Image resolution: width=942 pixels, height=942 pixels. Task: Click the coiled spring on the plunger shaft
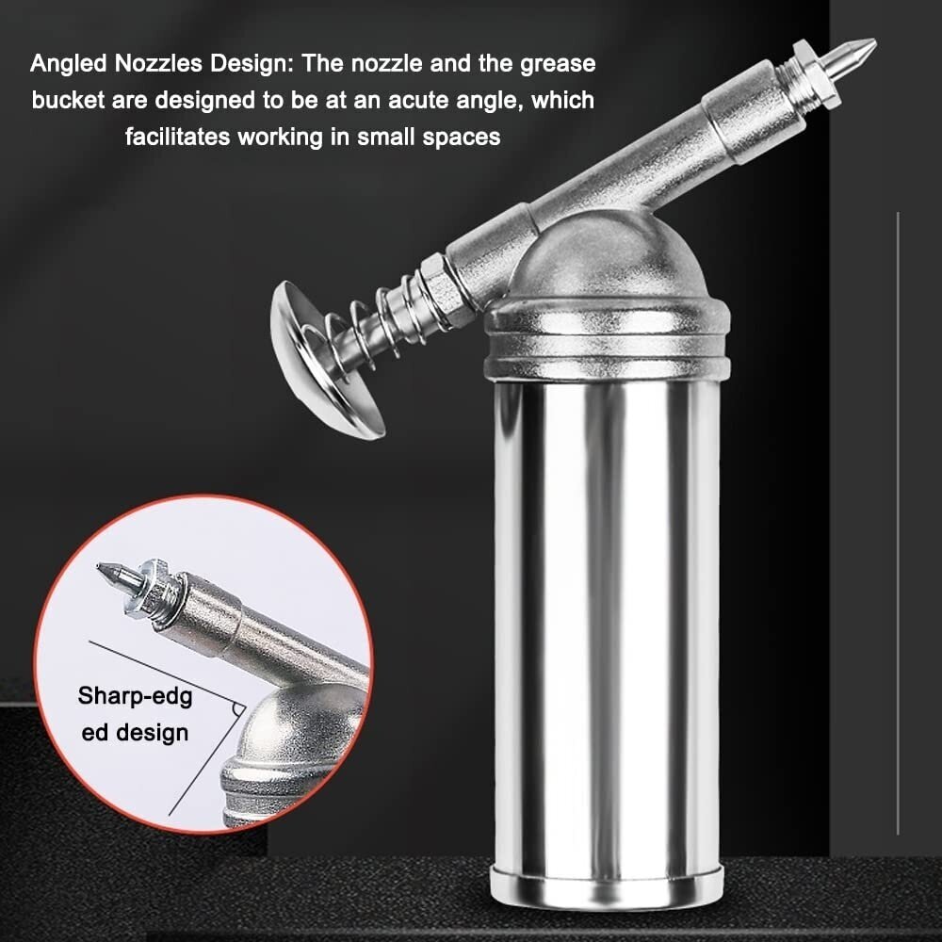(x=361, y=328)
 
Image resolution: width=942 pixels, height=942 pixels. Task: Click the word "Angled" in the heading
(x=69, y=64)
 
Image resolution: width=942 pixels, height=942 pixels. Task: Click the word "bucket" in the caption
(x=69, y=100)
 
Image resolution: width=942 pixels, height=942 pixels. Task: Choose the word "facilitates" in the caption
(x=178, y=137)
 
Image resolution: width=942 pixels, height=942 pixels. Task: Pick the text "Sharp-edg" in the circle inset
(x=135, y=697)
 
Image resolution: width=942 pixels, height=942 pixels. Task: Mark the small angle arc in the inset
(x=239, y=710)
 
